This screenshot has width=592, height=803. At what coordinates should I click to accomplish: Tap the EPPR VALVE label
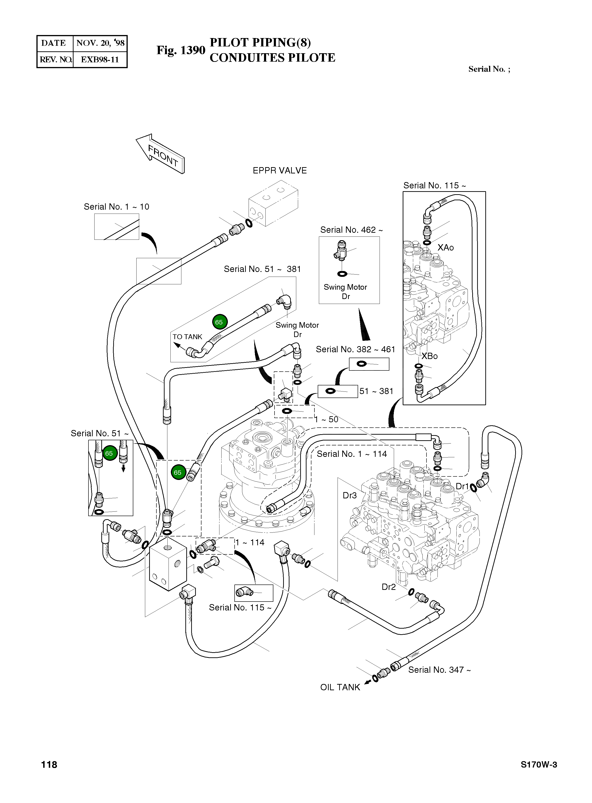279,171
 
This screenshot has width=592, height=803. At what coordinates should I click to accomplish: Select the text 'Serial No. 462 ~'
351,230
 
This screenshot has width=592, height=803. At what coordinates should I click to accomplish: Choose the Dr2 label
388,587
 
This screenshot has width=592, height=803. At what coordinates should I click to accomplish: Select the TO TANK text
187,337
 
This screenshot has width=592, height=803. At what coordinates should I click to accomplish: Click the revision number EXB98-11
100,60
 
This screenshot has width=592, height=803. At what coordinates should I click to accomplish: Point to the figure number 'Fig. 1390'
181,50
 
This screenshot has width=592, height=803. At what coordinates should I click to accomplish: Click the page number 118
49,765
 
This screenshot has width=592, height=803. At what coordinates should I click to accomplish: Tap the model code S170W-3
539,765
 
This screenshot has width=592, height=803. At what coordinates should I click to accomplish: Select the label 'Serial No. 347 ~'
439,670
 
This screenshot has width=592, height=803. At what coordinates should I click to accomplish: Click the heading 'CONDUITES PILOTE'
272,58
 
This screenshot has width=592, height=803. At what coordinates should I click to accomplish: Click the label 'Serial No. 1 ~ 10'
116,207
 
